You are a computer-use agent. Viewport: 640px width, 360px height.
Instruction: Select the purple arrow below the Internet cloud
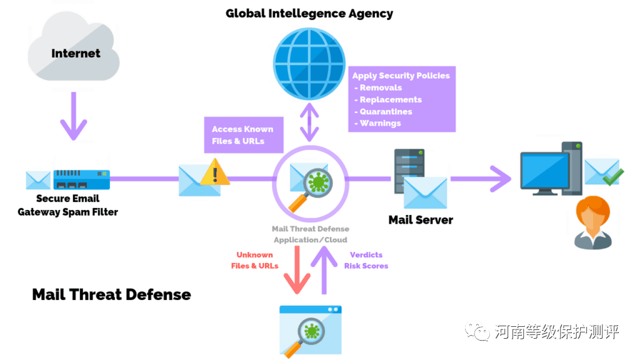coord(74,116)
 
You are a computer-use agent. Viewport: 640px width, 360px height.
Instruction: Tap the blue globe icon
coord(309,65)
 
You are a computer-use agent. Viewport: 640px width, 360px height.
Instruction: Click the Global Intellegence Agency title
coord(309,13)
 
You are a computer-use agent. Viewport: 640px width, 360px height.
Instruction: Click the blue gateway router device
coord(82,179)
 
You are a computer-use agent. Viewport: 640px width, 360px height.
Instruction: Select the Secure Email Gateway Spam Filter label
coord(67,205)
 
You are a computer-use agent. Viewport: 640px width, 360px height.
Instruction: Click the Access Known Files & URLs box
coord(242,135)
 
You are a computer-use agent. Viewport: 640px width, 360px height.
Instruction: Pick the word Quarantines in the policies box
coord(386,111)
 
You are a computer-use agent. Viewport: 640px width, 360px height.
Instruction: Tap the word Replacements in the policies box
coord(391,99)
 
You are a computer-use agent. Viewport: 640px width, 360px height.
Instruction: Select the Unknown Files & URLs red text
coord(254,260)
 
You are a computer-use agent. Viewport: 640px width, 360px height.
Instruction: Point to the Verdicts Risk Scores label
coord(366,260)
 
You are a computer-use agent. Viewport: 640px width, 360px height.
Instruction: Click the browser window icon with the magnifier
coord(310,329)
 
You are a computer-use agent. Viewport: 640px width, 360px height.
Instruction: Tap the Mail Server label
coord(421,219)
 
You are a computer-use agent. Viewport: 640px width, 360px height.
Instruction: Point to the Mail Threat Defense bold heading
coord(111,294)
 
